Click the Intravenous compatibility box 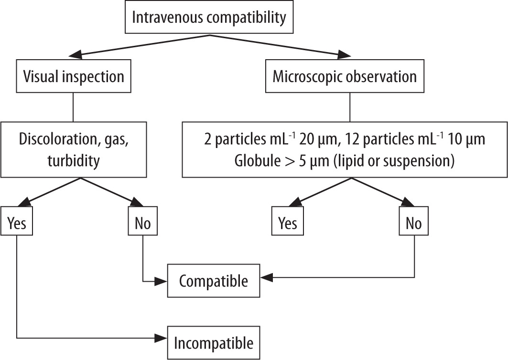click(208, 18)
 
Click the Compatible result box click(213, 281)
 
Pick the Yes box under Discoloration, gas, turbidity click(17, 223)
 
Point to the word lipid click(349, 161)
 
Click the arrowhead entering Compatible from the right click(265, 277)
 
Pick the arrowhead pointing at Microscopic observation click(340, 55)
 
